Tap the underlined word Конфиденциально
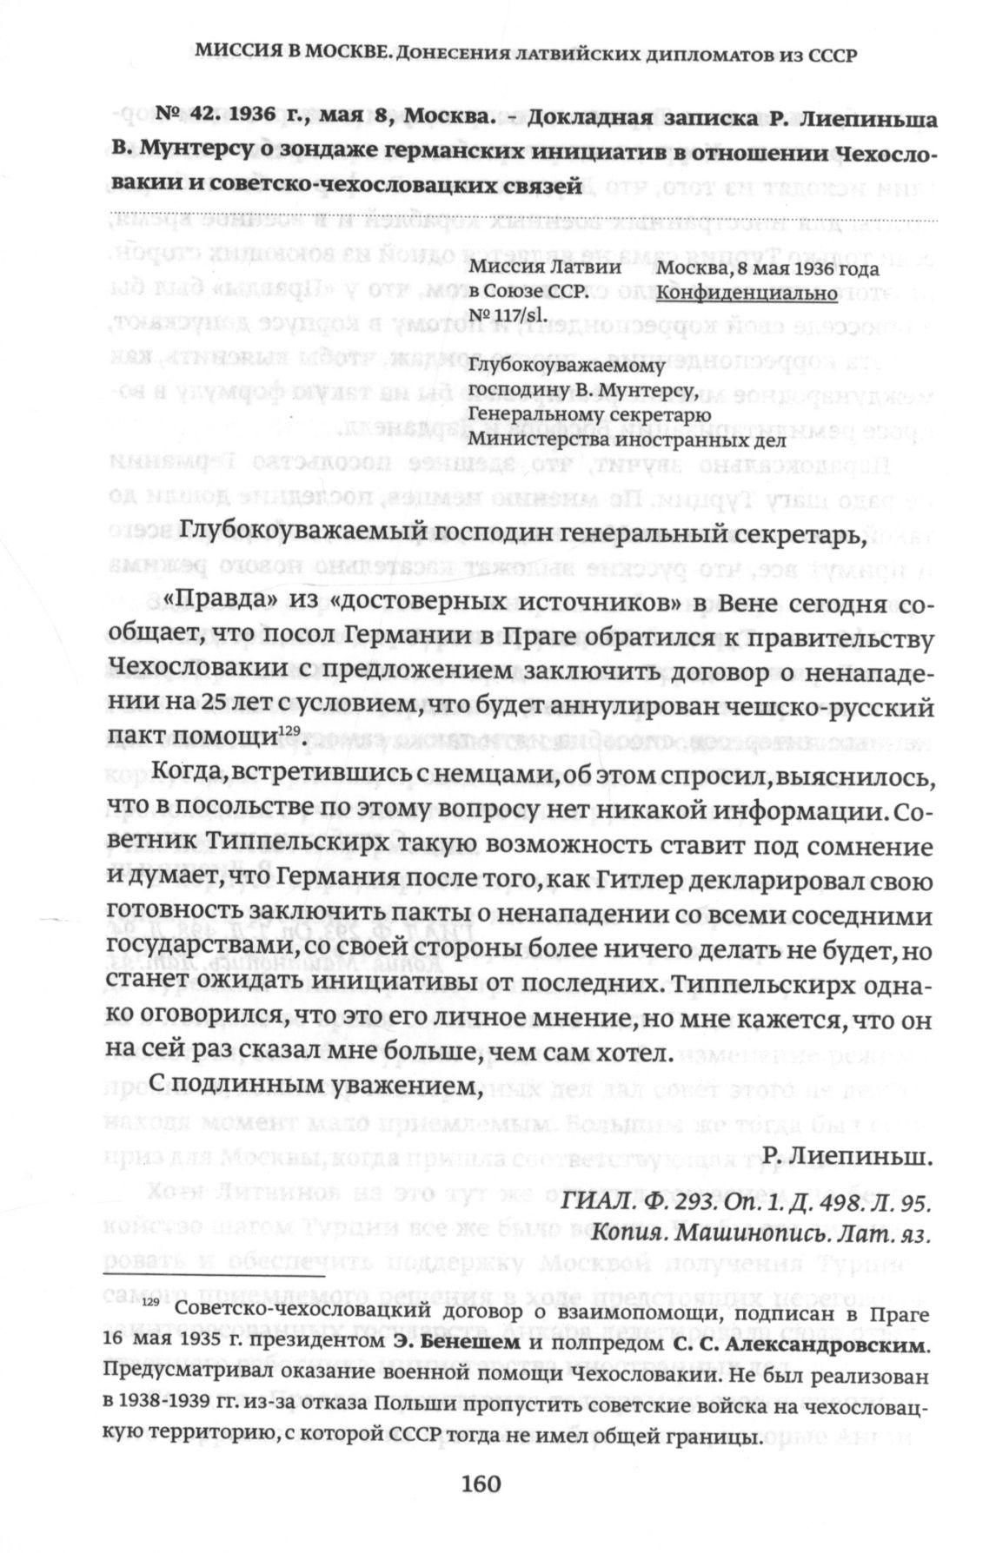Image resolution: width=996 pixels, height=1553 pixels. point(747,294)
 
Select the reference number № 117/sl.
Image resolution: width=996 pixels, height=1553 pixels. point(508,314)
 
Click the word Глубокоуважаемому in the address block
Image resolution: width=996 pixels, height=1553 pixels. point(567,365)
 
